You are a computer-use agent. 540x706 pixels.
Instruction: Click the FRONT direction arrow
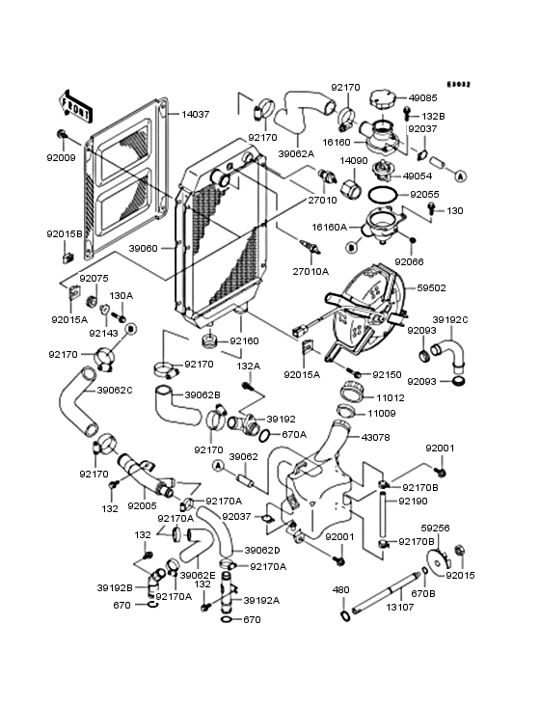point(75,107)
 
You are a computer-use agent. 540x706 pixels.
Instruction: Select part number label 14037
point(196,115)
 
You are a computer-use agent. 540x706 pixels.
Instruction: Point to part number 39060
point(143,248)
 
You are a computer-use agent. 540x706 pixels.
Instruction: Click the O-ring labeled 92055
point(383,196)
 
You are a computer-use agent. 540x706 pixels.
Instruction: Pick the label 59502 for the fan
point(431,287)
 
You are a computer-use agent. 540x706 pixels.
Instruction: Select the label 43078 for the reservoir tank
point(375,437)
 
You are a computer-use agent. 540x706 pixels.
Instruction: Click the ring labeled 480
point(344,616)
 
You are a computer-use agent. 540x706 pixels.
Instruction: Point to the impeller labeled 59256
point(439,558)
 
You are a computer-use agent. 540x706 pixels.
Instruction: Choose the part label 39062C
point(115,390)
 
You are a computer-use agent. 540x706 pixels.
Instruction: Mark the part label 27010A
point(310,272)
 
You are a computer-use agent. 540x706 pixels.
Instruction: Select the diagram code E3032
point(459,84)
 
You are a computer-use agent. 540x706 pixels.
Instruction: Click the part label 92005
point(142,505)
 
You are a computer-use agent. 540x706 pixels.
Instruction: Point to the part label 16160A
point(330,228)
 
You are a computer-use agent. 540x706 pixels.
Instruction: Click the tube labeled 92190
point(382,515)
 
